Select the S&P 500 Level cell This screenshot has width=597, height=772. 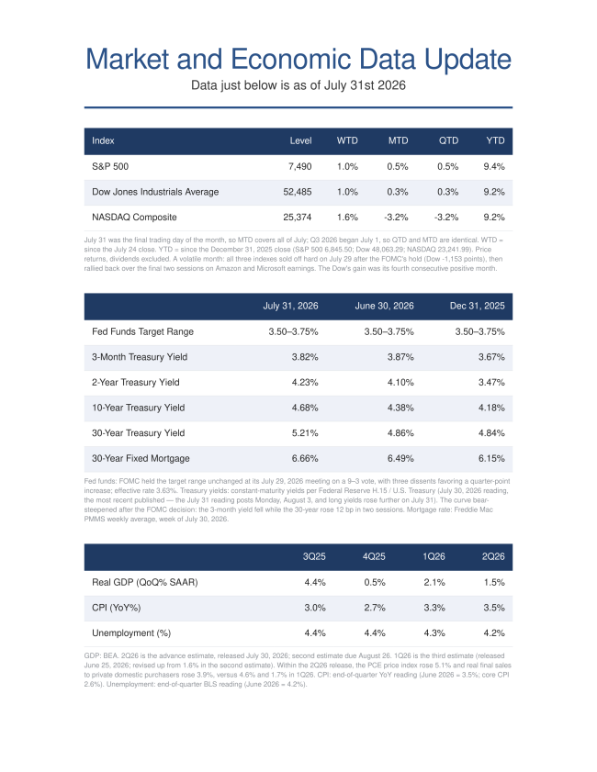coord(300,166)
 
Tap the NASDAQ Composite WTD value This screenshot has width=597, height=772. coord(347,218)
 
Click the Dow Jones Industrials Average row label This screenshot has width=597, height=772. coord(155,192)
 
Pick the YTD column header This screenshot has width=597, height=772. coord(495,140)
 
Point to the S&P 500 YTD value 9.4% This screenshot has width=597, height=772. coord(494,166)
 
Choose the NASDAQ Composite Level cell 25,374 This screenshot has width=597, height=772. coord(297,218)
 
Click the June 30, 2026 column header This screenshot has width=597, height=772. coord(384,306)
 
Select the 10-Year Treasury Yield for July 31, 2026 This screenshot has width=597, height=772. coord(305,408)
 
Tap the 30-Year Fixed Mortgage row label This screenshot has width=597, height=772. coord(141,458)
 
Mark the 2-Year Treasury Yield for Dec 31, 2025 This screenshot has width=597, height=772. coord(491,382)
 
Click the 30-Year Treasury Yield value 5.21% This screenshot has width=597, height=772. coord(305,433)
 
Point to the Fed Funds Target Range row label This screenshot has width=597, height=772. coord(142,332)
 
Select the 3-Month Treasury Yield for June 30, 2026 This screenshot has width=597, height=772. coord(400,357)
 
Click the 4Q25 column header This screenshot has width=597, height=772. coord(374,556)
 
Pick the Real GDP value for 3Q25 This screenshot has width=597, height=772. coord(315,583)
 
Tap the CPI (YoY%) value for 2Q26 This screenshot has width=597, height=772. coord(494,608)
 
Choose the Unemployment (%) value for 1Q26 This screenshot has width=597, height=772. coord(434,633)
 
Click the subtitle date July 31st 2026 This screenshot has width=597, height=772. coord(365,85)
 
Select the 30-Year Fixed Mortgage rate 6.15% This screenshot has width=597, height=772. coord(491,458)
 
